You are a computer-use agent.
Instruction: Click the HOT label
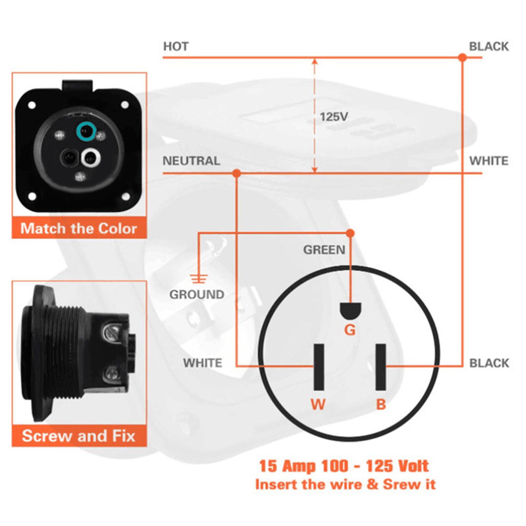[176, 46]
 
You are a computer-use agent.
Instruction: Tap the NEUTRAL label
[191, 161]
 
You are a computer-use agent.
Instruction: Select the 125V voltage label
[334, 117]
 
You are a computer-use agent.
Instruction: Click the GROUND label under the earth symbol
[197, 294]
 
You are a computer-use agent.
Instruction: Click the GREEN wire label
[324, 250]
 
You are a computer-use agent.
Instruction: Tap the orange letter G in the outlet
[350, 330]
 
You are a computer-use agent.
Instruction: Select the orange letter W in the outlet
[318, 404]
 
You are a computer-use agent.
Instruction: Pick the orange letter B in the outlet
[381, 404]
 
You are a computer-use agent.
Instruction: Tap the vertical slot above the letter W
[319, 367]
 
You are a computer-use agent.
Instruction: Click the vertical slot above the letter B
[381, 367]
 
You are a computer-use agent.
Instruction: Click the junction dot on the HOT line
[462, 58]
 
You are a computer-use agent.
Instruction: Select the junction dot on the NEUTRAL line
[236, 173]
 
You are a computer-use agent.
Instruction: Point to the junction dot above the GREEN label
[350, 233]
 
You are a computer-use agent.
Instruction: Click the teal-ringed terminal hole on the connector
[86, 132]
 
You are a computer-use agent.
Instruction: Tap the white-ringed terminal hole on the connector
[91, 158]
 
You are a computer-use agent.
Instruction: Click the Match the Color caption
[79, 228]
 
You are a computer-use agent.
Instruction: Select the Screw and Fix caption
[79, 436]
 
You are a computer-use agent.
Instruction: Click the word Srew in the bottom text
[398, 485]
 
